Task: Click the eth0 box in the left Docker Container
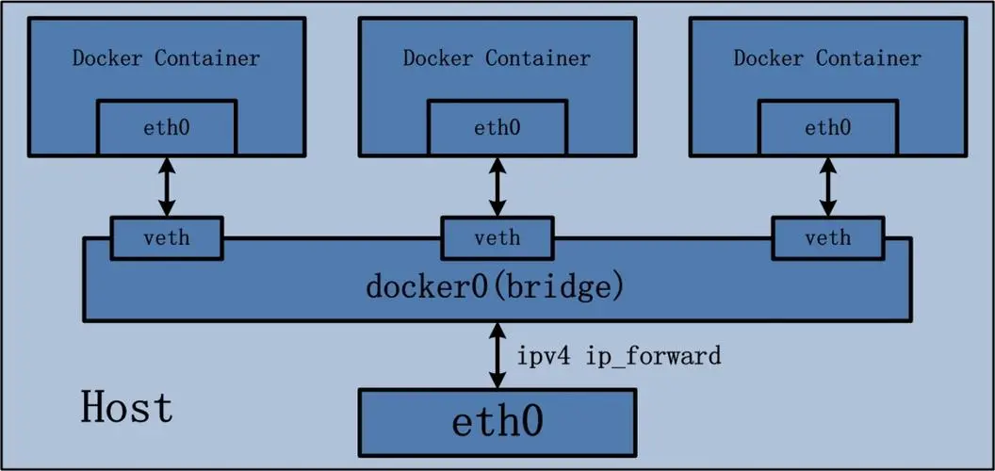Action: tap(167, 128)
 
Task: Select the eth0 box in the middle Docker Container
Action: tap(497, 128)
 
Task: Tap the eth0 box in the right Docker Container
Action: tap(827, 128)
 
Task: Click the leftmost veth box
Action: tap(167, 237)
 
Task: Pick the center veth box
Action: tap(497, 237)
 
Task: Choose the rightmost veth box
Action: tap(827, 237)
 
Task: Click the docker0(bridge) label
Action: tap(495, 286)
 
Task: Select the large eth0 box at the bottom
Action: tap(497, 421)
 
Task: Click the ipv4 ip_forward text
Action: tap(618, 356)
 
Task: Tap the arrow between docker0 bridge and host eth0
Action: tap(497, 355)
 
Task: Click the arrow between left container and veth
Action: tap(167, 187)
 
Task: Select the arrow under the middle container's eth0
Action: tap(497, 187)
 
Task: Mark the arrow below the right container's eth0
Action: tap(827, 187)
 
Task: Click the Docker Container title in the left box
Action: tap(166, 58)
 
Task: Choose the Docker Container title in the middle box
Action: tap(497, 58)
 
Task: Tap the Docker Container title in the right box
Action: tap(827, 58)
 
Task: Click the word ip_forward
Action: tap(653, 357)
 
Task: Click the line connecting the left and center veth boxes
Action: tap(332, 238)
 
